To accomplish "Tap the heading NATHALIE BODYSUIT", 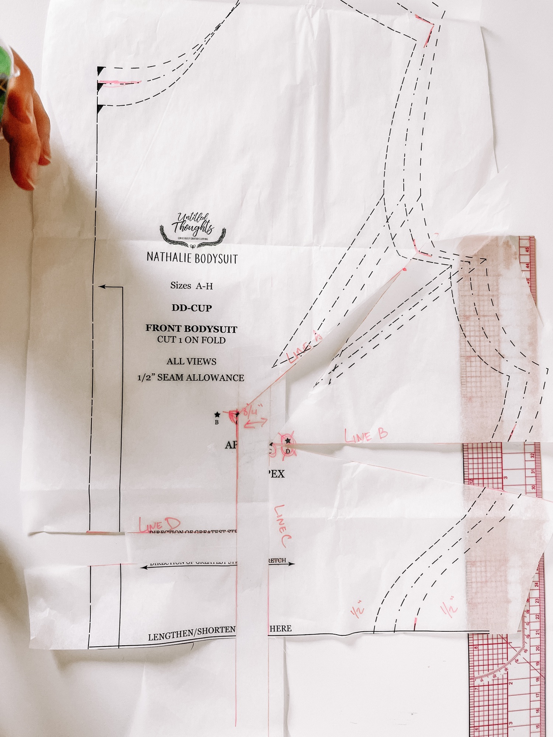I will point(192,258).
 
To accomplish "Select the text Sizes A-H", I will point(191,286).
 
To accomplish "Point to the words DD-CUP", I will point(192,308).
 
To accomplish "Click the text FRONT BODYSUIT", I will point(191,328).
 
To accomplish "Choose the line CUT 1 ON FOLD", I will point(191,340).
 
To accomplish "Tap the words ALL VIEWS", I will point(191,361).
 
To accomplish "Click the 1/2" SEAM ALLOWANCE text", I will point(191,378).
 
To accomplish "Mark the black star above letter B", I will point(217,415).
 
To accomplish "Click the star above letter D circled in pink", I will point(288,441).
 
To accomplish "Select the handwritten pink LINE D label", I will point(159,524).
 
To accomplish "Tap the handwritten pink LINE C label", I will point(282,525).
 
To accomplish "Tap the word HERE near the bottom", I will point(281,628).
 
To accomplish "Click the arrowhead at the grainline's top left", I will point(101,287).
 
